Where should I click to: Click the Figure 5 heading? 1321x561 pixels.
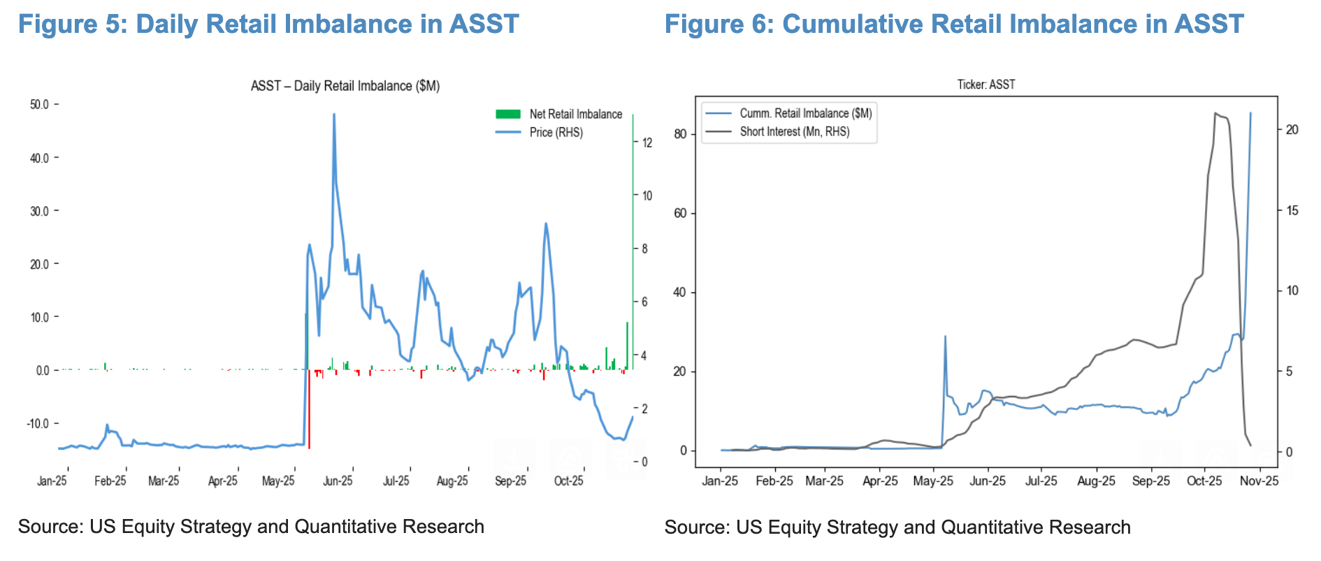coord(268,24)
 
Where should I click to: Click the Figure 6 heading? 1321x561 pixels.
coord(954,24)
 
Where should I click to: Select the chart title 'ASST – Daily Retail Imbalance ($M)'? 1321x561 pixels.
coord(345,86)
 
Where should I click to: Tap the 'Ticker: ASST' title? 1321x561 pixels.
coord(986,85)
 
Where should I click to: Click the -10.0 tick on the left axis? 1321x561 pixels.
coord(38,424)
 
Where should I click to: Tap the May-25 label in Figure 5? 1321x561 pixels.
coord(278,481)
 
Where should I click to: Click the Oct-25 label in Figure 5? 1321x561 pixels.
coord(568,481)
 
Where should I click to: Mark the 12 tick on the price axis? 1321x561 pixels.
coord(647,143)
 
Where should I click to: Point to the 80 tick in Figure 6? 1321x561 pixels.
coord(680,134)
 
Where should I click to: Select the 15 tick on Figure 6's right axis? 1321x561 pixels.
coord(1292,211)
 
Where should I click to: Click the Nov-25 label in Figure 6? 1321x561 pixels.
coord(1259,481)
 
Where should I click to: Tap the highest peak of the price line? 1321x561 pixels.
coord(334,115)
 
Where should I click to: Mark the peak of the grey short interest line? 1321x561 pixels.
coord(1216,113)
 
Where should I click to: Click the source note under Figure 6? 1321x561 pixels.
coord(897,527)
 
